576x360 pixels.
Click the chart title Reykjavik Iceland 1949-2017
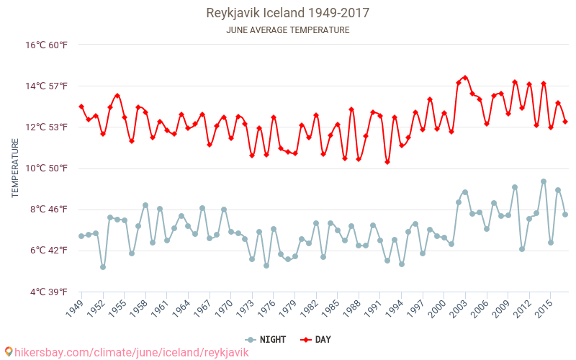(287, 13)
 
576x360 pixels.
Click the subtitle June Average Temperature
(287, 30)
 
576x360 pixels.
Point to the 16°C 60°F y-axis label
(47, 45)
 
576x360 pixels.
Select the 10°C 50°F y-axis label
(47, 168)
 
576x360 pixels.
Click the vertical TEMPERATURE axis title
(16, 168)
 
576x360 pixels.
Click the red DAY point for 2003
(465, 78)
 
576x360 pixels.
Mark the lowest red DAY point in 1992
(387, 162)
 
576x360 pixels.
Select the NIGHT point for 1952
(103, 267)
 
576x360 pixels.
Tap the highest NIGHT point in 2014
(544, 181)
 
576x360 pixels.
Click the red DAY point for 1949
(81, 107)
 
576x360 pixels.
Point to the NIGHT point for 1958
(145, 205)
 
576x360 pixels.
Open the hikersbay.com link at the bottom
(126, 353)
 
